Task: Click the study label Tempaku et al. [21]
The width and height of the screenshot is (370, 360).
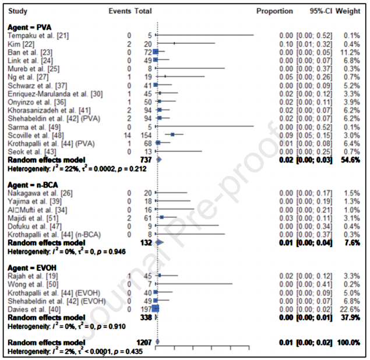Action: coord(38,36)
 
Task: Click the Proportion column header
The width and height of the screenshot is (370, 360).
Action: coord(274,11)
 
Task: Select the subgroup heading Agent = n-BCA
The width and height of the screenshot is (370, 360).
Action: coord(33,184)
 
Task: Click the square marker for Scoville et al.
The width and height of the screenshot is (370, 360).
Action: coord(172,133)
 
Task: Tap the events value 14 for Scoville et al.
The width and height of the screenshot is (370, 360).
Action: coord(127,133)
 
